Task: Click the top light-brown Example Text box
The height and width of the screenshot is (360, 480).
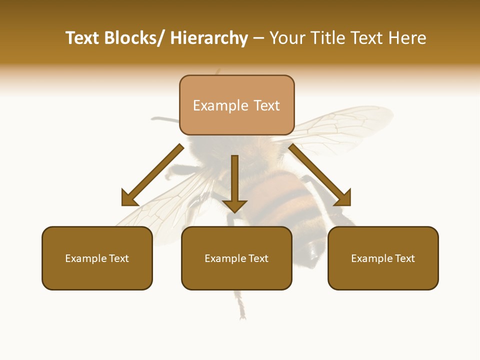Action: point(236,105)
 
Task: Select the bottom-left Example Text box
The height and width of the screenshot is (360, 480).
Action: point(97,258)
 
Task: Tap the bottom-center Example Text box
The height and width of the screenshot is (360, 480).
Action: point(236,258)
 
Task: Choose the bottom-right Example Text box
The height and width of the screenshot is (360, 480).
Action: point(383,258)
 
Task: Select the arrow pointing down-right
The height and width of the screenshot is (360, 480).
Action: point(320,175)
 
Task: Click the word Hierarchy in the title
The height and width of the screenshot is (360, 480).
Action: point(209,38)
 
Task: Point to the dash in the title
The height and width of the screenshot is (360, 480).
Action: point(258,39)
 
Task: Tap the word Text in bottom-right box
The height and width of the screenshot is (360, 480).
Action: point(404,258)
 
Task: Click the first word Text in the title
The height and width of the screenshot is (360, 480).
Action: point(83,38)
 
